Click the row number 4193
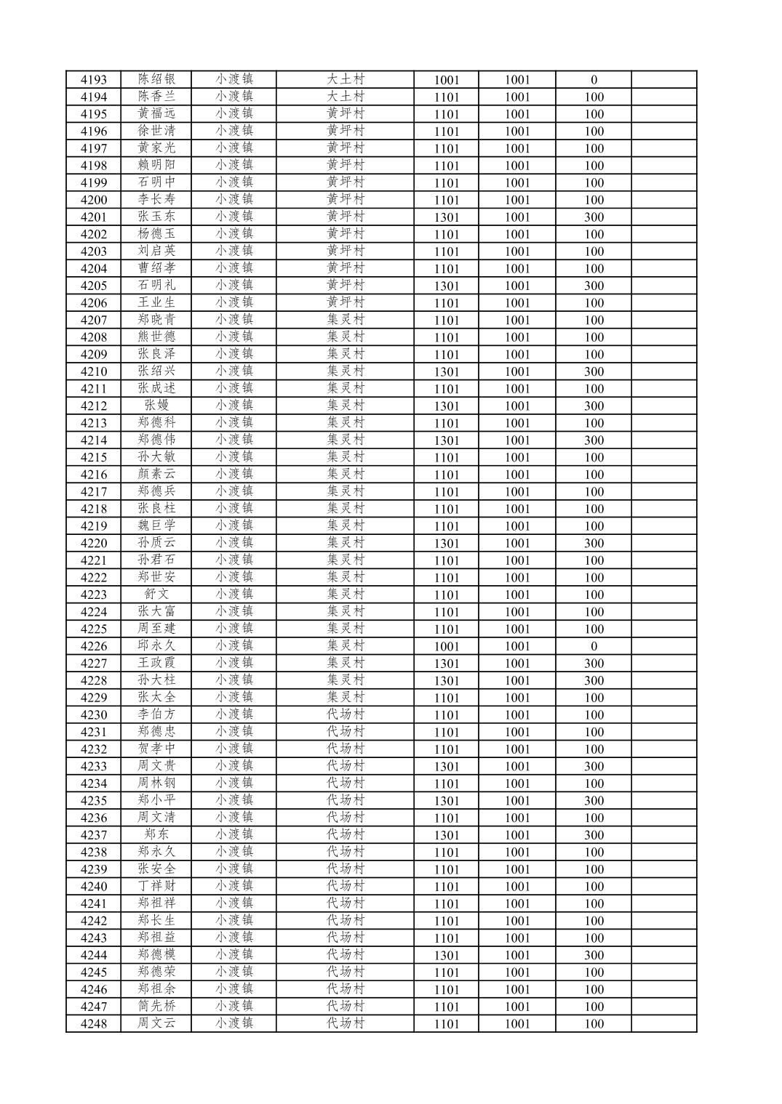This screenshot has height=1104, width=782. point(93,80)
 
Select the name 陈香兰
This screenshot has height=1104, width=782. point(156,97)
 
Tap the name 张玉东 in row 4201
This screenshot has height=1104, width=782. point(156,217)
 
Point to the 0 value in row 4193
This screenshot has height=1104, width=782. point(594,80)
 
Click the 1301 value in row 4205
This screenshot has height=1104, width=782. point(446,286)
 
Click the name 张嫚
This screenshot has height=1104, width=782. point(156,406)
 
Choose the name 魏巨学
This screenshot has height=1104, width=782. point(156,525)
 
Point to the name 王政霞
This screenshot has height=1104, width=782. point(156,663)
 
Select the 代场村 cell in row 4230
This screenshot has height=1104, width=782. point(345,714)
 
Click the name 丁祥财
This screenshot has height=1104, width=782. point(156,886)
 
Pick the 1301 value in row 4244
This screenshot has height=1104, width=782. point(446,955)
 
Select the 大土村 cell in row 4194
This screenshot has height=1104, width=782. point(345,97)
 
